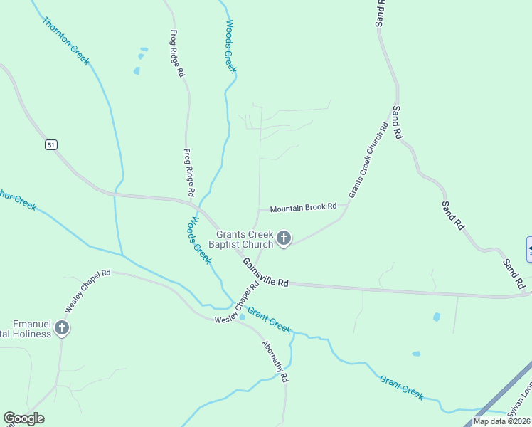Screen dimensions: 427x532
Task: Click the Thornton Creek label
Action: coord(65,41)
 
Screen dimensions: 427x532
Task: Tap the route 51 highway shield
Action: coord(50,144)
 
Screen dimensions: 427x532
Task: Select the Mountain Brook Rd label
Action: coord(303,207)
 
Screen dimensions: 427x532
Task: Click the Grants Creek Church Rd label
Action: coord(368,161)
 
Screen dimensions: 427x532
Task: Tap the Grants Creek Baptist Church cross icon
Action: coord(284,238)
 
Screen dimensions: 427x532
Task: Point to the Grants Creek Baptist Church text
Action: coord(245,239)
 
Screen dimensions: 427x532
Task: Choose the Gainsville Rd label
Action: coord(265,273)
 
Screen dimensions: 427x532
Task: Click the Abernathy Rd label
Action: coord(275,362)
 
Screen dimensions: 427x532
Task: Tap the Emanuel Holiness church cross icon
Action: coord(62,328)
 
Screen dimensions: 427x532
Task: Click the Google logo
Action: coord(23,418)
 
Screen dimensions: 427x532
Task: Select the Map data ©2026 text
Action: coord(501,421)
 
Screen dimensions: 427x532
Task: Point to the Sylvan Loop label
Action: coord(520,405)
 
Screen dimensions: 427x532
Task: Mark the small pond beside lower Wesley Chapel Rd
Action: coord(243,317)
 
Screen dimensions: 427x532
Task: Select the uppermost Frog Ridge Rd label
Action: coord(177,53)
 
